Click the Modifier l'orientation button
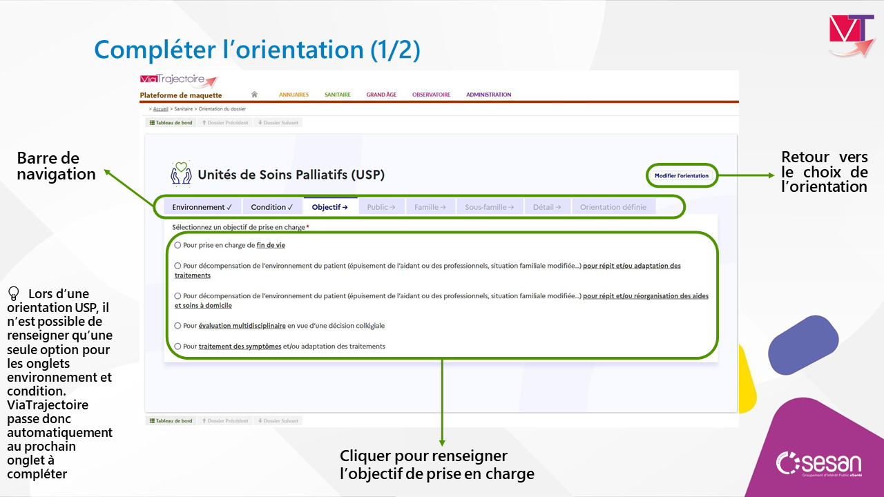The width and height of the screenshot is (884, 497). pos(681,175)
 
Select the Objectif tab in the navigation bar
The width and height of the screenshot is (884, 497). pos(330,207)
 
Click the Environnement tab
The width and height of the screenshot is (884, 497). pos(202,207)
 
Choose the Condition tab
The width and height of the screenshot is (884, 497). pos(272,207)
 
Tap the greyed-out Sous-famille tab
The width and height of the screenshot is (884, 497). pos(490,207)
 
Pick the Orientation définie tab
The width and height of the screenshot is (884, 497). pos(613,207)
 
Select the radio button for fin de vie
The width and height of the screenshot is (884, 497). pos(177,245)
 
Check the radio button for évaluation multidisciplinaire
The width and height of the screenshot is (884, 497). pos(177,325)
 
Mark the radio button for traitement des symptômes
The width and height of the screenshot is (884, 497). pos(177,346)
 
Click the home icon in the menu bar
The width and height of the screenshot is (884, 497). pos(254,95)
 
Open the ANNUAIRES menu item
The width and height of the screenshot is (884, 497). pos(294,95)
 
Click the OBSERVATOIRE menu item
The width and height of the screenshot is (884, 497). pos(432,95)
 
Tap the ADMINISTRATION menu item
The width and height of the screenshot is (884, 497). pos(488,95)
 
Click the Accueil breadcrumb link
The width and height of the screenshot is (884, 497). pos(161,109)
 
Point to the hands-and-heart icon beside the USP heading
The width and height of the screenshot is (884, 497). pos(181,173)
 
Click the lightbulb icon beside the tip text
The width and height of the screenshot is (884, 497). pos(13,293)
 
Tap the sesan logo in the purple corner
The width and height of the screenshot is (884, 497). pos(819,464)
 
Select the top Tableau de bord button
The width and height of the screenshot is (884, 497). pos(171,123)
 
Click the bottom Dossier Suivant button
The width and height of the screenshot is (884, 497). pos(278,421)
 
